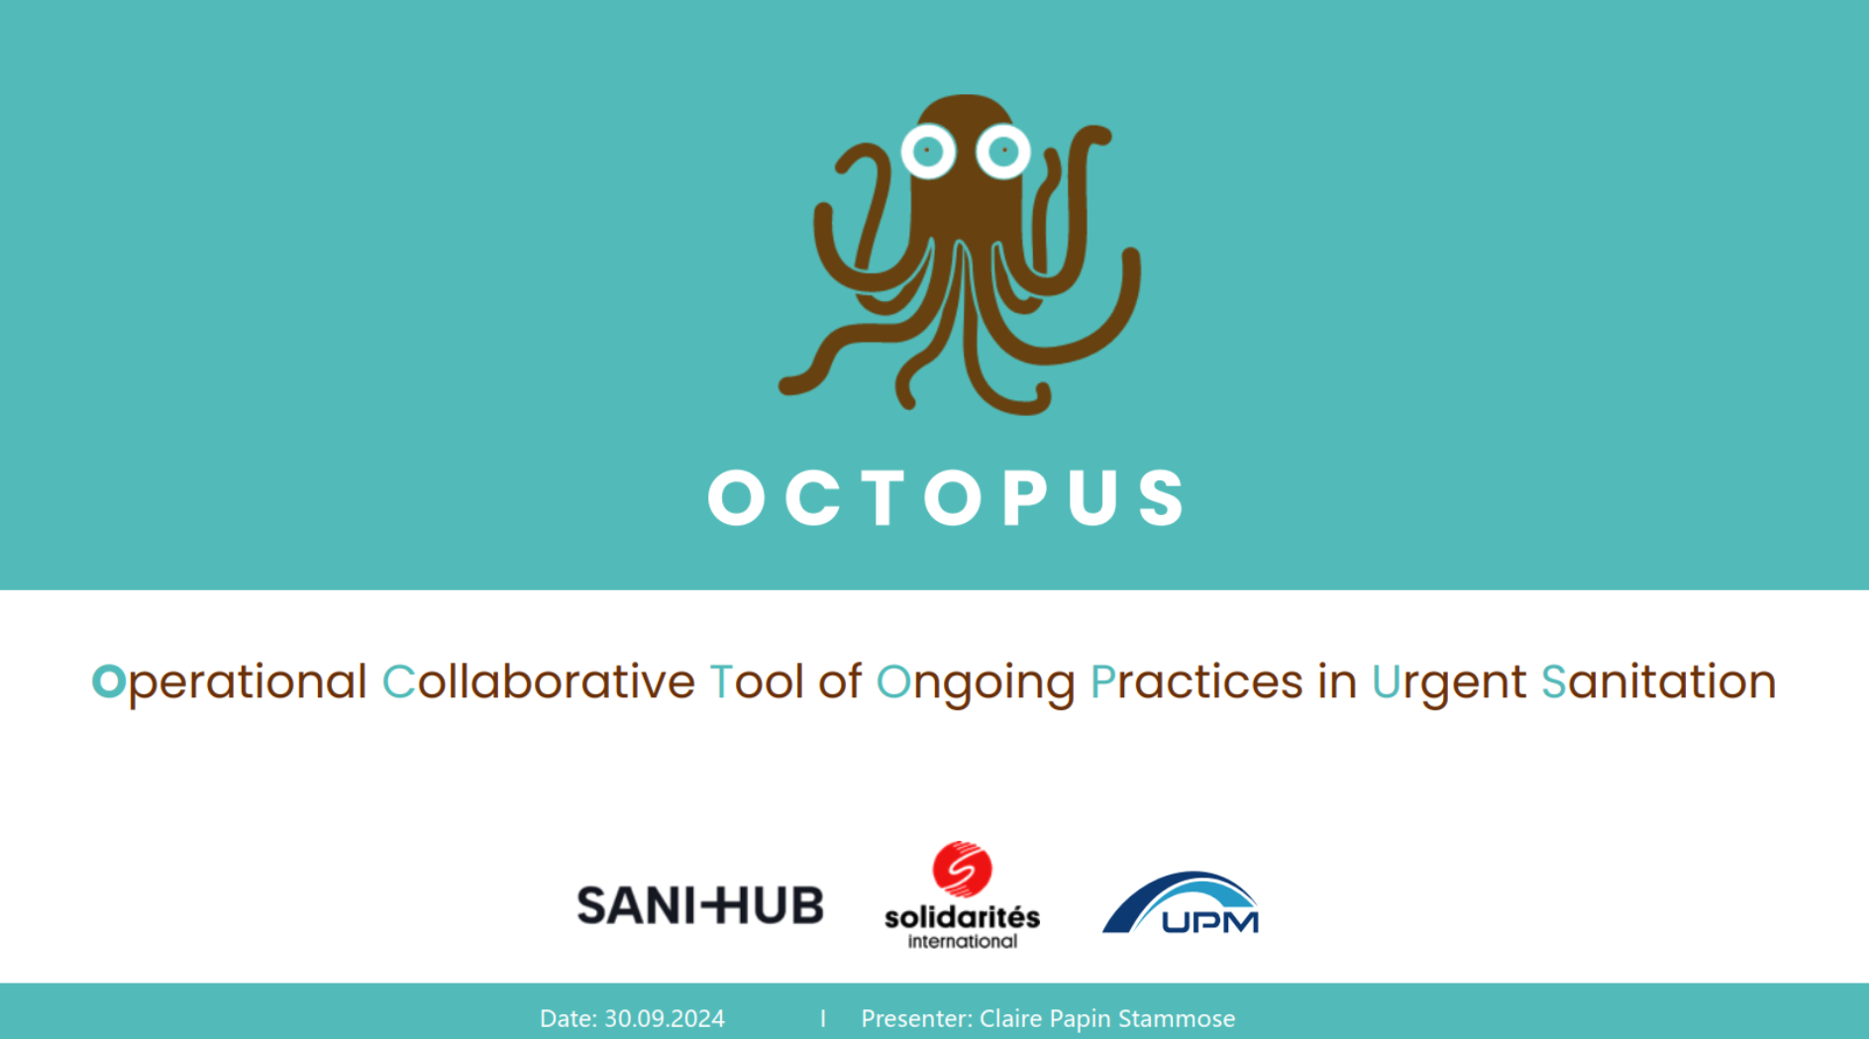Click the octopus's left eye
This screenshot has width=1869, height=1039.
coord(927,152)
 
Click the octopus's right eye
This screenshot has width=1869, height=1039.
coord(1002,152)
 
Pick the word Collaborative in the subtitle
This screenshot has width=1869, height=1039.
coord(538,682)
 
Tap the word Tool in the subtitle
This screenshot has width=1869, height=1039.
coord(756,682)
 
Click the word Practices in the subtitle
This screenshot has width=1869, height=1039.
coord(1195,682)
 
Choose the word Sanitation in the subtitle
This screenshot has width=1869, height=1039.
coord(1658,682)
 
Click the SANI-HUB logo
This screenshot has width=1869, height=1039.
coord(699,905)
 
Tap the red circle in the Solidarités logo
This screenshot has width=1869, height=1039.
coord(961,869)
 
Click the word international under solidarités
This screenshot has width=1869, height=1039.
coord(962,941)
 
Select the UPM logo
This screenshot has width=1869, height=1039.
coord(1181,903)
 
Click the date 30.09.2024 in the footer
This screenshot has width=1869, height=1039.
coord(664,1018)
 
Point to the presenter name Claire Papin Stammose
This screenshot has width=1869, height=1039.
coord(1106,1018)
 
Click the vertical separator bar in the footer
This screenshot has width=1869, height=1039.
coord(822,1018)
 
